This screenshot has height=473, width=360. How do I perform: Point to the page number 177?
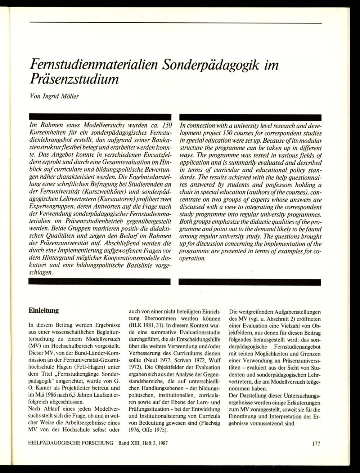(x=316, y=444)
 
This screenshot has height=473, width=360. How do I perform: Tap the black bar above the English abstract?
(x=250, y=118)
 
